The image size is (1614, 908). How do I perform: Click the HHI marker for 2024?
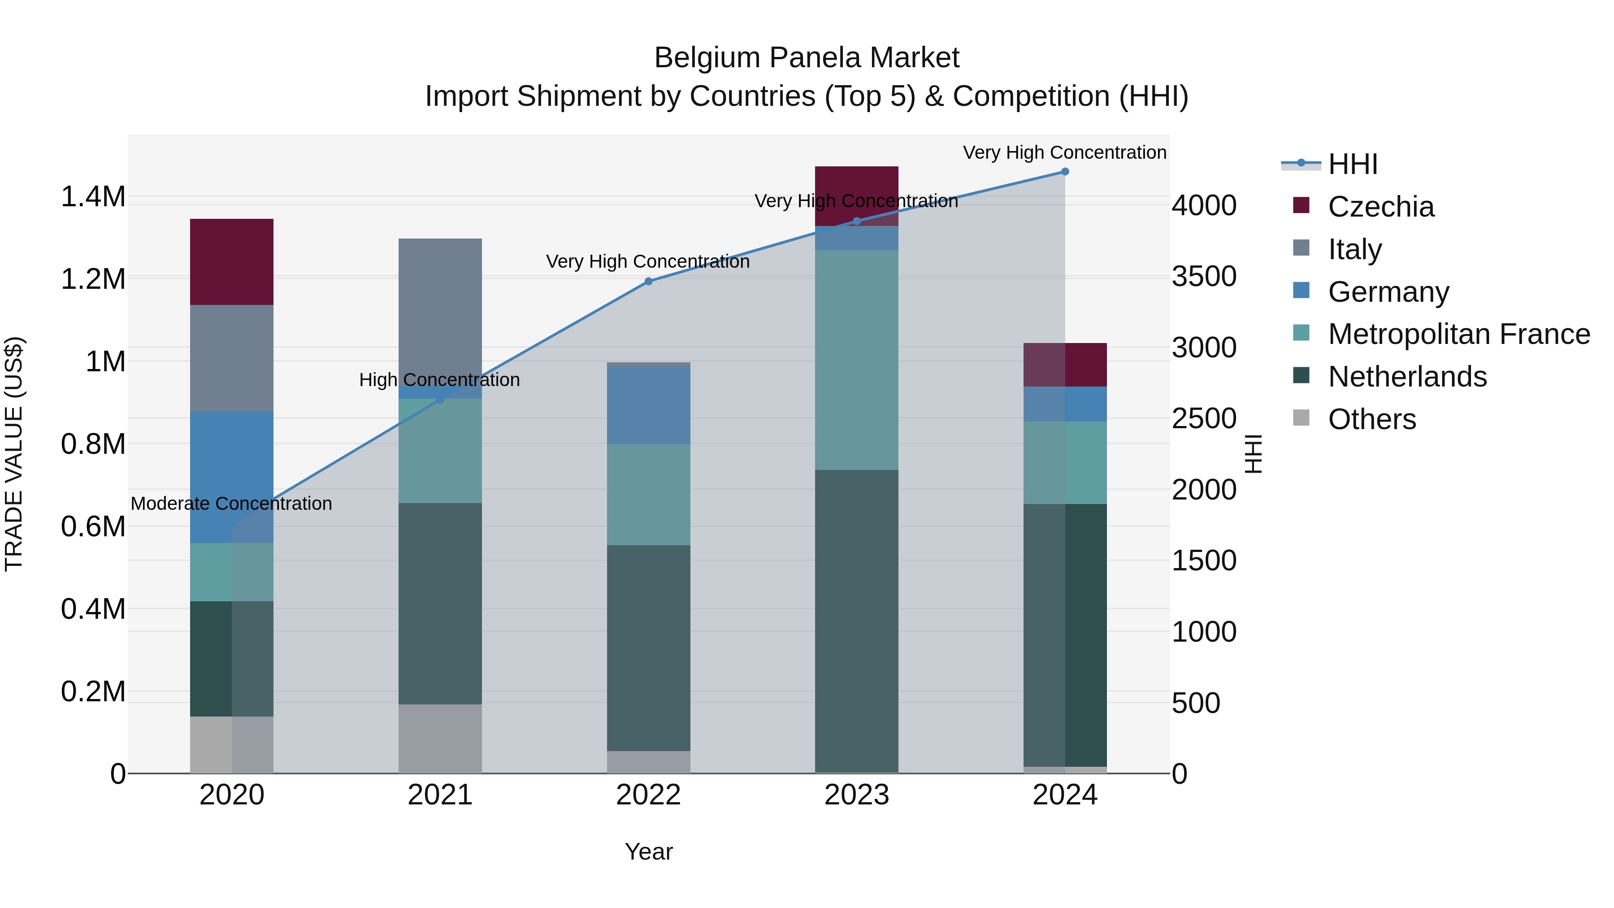tap(1064, 172)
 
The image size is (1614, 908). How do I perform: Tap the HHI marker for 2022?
tap(648, 281)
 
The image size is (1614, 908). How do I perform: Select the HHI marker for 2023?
tap(856, 221)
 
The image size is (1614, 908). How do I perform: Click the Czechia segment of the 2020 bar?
tap(232, 262)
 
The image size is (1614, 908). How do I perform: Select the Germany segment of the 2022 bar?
tap(648, 405)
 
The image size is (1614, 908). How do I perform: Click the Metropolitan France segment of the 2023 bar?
tap(856, 360)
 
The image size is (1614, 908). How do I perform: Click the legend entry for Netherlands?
tap(1406, 377)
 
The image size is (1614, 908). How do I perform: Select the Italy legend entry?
tap(1354, 249)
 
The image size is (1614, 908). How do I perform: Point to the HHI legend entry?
tap(1352, 164)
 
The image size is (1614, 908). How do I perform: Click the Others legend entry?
tap(1371, 419)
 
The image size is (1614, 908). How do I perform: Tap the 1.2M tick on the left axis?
tap(93, 279)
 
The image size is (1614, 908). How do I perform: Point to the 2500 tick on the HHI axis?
tap(1204, 419)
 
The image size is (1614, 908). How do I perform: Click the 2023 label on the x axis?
tap(856, 795)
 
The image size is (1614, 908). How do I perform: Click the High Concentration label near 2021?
tap(439, 380)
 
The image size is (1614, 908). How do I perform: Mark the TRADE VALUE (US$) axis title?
tap(14, 454)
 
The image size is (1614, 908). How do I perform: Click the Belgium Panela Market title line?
tap(807, 58)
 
